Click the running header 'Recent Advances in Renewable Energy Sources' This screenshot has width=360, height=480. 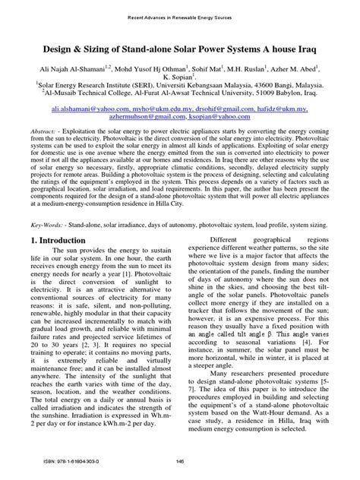pos(180,15)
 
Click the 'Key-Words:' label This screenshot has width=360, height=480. pos(44,226)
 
